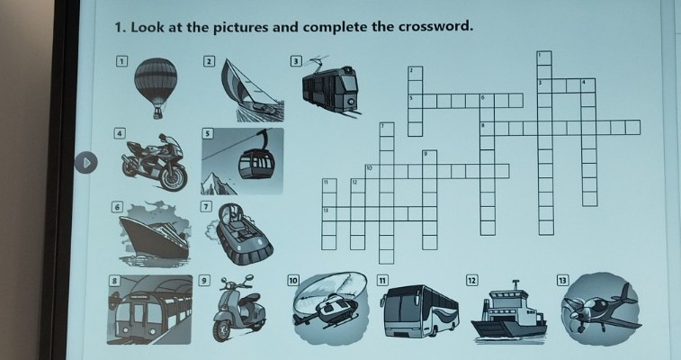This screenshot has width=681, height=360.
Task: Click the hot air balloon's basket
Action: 158,113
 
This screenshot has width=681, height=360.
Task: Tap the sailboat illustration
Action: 252,90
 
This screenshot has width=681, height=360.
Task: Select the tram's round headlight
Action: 350,103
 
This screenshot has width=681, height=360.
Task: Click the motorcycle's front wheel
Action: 174,176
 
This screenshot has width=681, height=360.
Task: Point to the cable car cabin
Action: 256,163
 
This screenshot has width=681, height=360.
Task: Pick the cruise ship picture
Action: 155,234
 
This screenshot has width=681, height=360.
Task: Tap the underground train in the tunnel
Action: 149,311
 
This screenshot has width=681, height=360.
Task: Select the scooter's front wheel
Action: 221,331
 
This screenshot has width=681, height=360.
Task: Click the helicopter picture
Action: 330,307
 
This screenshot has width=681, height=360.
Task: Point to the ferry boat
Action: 508,311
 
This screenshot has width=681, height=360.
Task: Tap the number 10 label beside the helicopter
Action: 293,281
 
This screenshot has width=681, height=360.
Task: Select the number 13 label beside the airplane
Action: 562,280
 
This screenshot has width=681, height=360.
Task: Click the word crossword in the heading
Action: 435,26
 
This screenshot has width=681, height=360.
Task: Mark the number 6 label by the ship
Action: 116,207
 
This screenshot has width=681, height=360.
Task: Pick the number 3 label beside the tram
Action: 296,61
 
